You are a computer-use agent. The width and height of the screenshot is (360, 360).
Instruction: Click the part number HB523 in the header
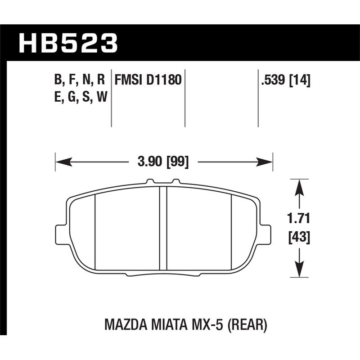coord(67,44)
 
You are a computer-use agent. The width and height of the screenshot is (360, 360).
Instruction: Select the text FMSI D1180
coord(148,81)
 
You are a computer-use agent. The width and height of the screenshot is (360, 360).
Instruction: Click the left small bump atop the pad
coord(150,182)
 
